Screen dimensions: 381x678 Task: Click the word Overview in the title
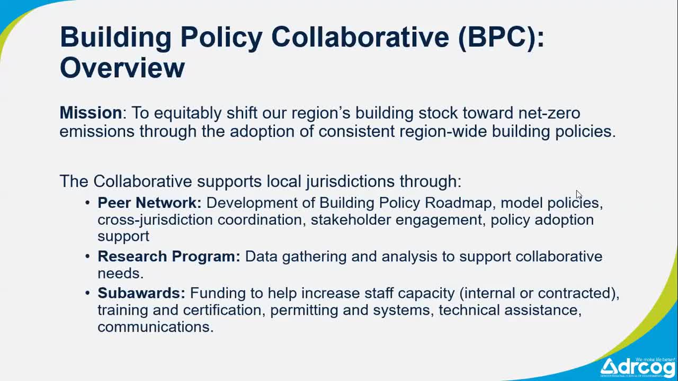122,68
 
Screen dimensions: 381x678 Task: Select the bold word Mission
91,113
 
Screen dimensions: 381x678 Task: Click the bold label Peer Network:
149,203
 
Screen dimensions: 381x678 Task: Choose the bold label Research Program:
168,256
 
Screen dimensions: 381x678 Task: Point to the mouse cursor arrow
578,194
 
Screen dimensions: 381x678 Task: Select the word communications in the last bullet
155,326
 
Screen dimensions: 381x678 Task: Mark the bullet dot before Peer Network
88,203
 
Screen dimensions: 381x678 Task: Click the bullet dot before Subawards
88,293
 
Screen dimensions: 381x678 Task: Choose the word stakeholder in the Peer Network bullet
351,220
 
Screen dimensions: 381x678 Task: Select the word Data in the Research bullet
261,256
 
